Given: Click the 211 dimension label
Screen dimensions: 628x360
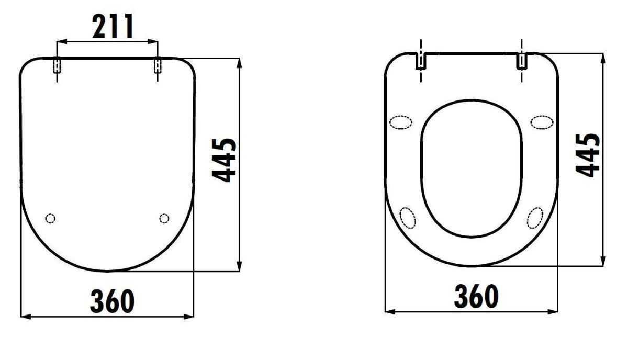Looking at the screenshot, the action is coord(113,26).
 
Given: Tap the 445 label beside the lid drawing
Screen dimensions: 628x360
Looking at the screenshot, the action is coord(224,160).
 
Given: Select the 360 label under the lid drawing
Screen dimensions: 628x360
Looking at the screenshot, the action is coord(112,301).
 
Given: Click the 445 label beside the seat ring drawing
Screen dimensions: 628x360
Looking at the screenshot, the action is coord(588,155).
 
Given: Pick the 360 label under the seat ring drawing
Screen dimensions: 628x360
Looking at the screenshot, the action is coord(476,296).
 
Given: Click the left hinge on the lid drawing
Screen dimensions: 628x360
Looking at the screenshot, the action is coord(57,65).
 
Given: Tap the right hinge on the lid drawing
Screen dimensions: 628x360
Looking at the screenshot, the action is coord(158,65).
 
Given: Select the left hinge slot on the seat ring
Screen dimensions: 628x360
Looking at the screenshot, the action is coord(421,61).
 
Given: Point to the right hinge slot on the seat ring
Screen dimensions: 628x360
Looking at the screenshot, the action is coord(522,61).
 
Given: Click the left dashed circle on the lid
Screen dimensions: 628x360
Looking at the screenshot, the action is coord(50,218).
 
